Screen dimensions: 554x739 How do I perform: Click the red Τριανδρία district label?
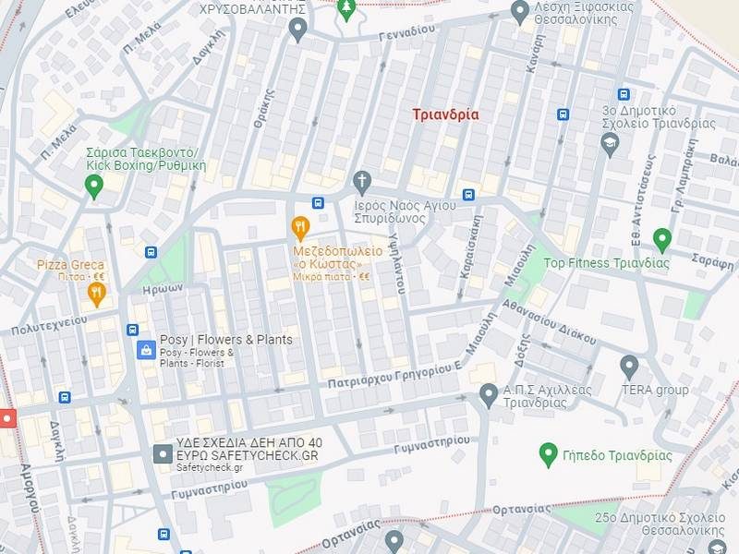tap(445, 114)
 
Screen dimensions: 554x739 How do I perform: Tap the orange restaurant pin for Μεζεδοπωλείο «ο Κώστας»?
tap(300, 227)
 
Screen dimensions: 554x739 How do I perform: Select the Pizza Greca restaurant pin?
tap(97, 294)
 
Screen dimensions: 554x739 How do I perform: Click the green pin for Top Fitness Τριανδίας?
tap(661, 239)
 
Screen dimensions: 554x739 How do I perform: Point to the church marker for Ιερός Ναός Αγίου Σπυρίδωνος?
tap(362, 179)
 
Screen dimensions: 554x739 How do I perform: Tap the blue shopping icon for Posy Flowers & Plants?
tap(145, 349)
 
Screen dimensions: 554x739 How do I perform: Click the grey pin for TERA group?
tap(629, 366)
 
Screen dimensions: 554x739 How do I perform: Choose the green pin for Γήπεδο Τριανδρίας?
tap(548, 453)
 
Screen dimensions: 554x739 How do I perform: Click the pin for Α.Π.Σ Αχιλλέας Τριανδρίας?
tap(489, 395)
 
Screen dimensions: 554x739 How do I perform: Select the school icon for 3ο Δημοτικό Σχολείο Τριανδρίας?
tap(609, 143)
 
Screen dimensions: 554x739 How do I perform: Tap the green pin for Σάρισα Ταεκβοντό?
tap(93, 187)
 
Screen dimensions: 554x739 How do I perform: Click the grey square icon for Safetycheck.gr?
tap(163, 454)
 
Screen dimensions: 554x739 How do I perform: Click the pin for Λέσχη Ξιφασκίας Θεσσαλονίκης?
tap(520, 10)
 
